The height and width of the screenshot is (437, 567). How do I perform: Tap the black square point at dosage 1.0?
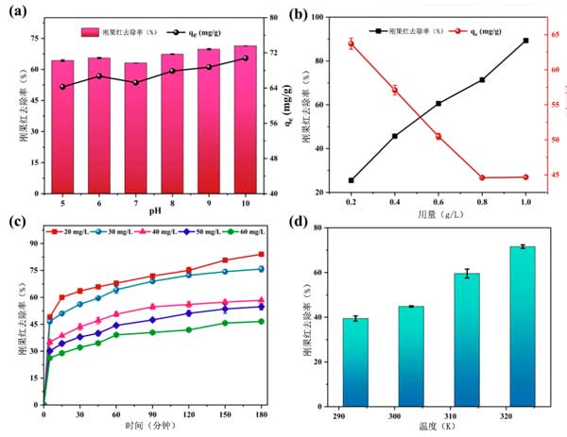click(525, 41)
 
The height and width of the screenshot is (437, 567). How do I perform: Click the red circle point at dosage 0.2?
click(351, 43)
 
